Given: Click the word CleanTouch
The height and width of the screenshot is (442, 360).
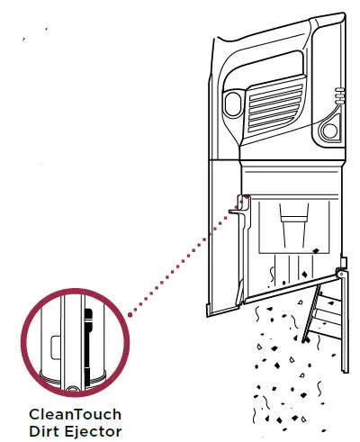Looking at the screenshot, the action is (x=76, y=414).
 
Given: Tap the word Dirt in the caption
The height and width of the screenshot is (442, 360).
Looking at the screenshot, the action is (x=44, y=431).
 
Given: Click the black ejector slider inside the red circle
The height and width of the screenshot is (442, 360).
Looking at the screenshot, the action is (x=88, y=348).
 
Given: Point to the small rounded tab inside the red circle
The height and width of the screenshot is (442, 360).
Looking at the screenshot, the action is (x=56, y=347).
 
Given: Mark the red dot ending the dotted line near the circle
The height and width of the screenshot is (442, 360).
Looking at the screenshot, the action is (x=130, y=315).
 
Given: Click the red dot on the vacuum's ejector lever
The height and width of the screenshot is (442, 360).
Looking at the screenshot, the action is (x=247, y=197).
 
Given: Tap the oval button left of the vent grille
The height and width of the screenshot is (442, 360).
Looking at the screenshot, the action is (x=233, y=104).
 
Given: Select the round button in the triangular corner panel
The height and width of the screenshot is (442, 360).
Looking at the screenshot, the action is (x=329, y=131).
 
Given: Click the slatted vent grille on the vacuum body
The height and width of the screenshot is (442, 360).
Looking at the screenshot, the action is (x=274, y=104).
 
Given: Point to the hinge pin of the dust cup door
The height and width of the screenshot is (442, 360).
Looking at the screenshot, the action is (x=341, y=274).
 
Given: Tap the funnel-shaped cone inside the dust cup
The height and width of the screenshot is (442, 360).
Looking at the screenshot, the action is (x=294, y=226).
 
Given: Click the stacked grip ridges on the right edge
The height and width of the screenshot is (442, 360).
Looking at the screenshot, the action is (x=339, y=95).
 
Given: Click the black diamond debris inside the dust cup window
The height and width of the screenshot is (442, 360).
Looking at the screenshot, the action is (x=316, y=250).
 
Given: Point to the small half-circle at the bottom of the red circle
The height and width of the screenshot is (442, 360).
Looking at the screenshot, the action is (x=72, y=389).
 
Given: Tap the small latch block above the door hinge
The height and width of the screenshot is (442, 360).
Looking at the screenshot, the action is (x=344, y=262).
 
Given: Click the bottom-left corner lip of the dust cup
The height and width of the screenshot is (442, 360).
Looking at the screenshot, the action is (x=209, y=310).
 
